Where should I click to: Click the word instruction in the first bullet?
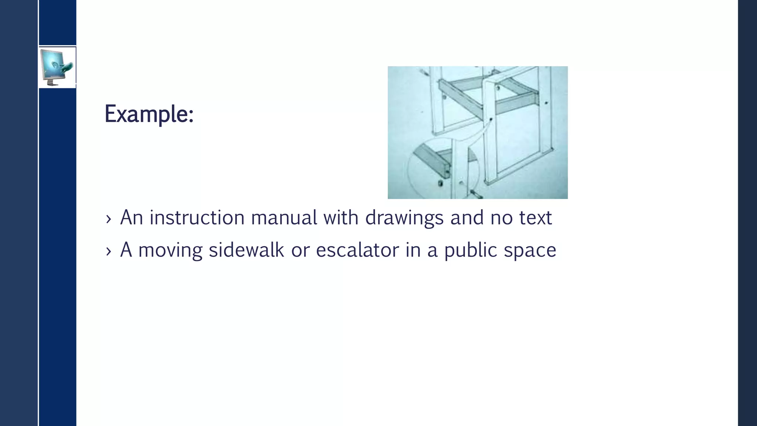click(x=197, y=217)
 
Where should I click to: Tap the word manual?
click(x=284, y=217)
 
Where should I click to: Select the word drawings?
click(x=404, y=218)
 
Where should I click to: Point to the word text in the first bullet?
click(x=535, y=217)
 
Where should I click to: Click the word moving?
click(x=170, y=250)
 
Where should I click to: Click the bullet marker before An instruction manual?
click(x=108, y=219)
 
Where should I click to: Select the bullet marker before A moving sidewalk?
click(x=108, y=251)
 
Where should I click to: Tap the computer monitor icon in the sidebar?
click(x=57, y=67)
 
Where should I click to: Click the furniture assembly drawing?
click(x=478, y=132)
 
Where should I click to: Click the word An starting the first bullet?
click(x=132, y=217)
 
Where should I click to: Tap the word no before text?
click(x=501, y=217)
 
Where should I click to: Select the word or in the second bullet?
click(x=300, y=250)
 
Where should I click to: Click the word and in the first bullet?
click(x=467, y=217)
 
